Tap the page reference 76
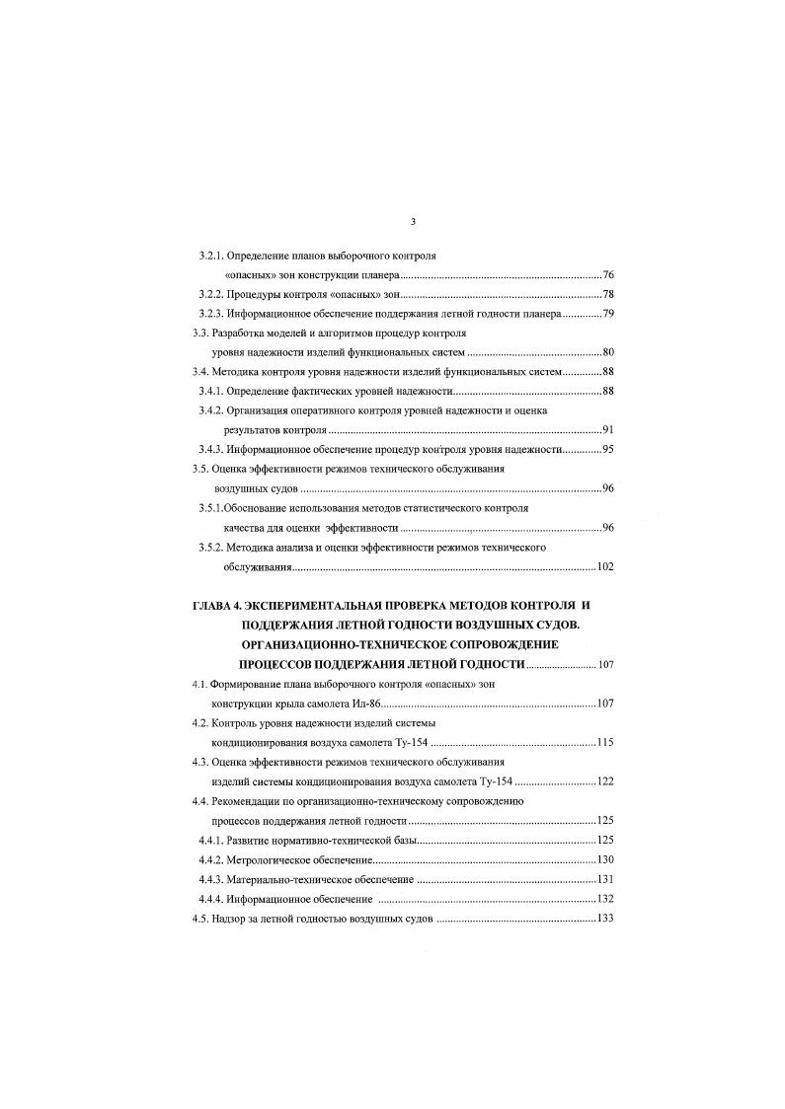pos(608,274)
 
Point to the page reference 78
pos(608,295)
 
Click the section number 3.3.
pos(201,333)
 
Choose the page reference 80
pos(608,352)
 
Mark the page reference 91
pos(608,430)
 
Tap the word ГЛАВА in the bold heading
pos(216,603)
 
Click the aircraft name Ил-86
pos(365,702)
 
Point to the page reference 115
pos(605,741)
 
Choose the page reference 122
pos(605,780)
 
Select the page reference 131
pos(605,879)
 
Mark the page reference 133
pos(605,919)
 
